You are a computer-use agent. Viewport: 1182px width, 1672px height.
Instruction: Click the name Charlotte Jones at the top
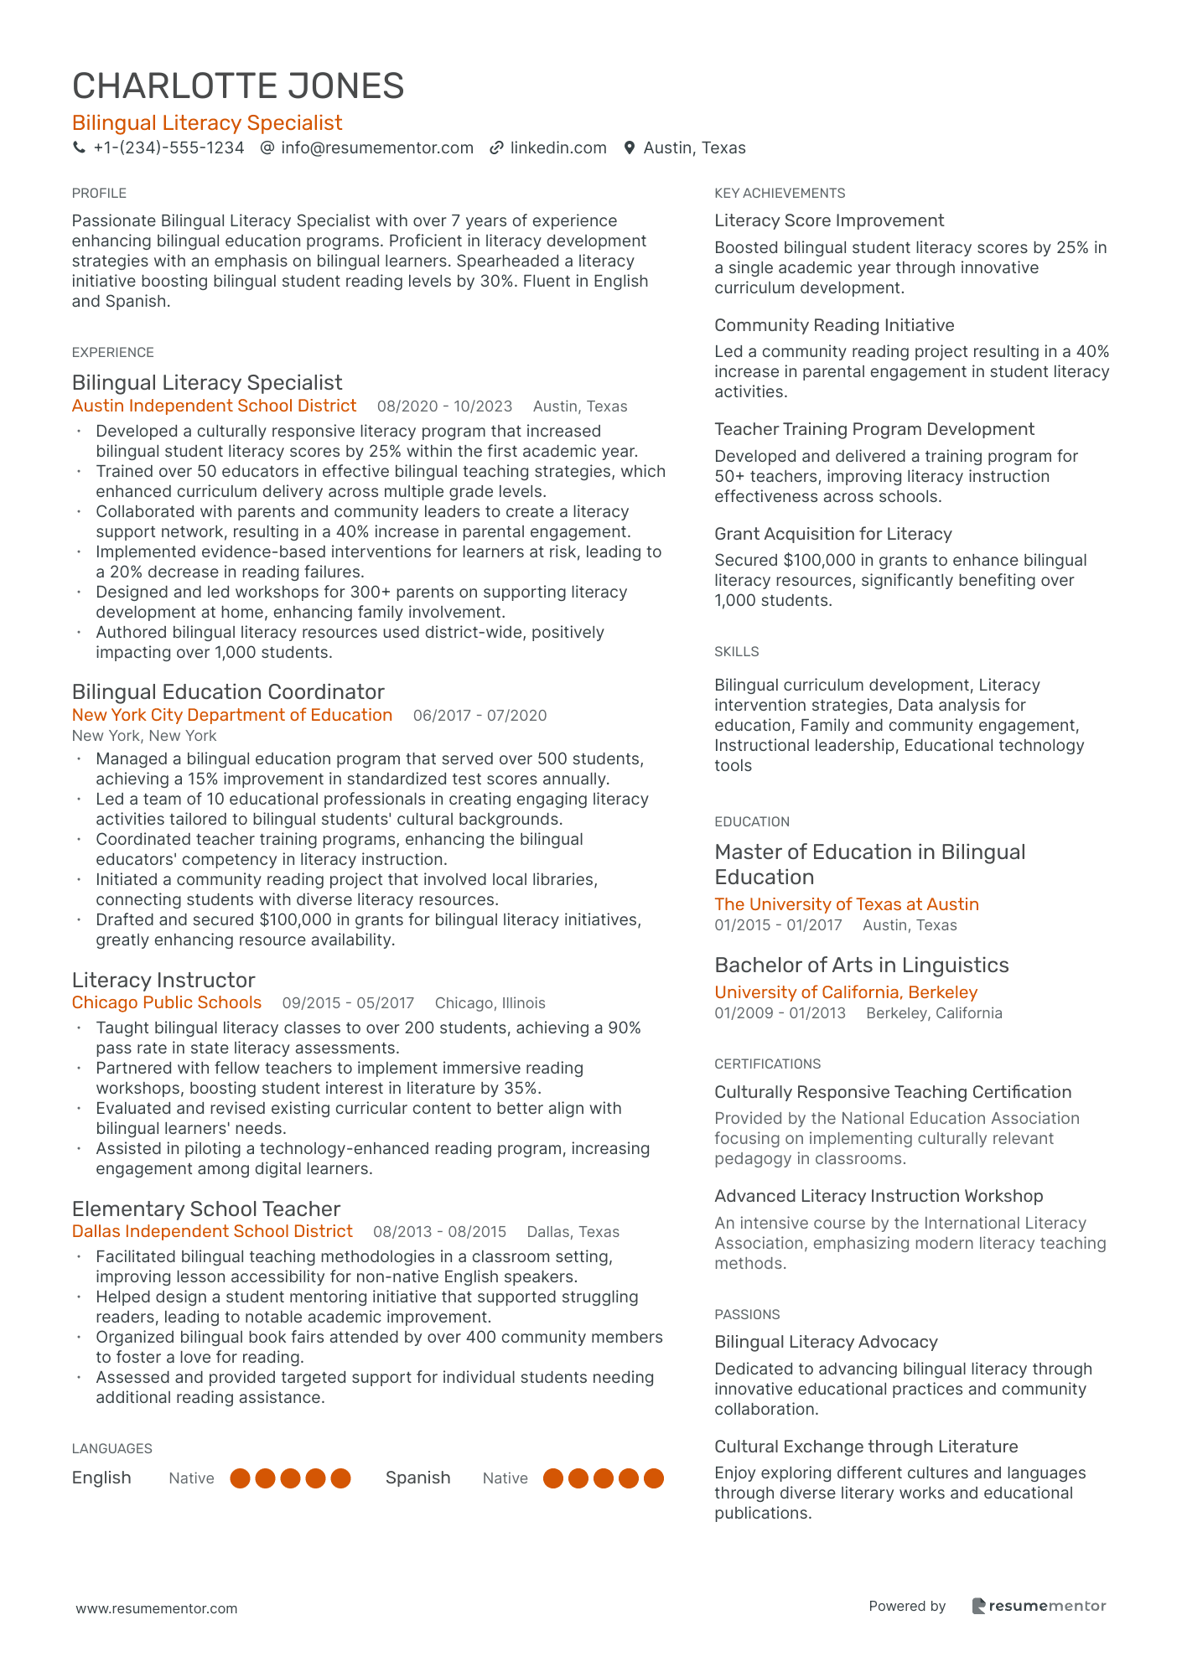pyautogui.click(x=238, y=86)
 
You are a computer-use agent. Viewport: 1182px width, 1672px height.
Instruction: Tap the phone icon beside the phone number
pyautogui.click(x=80, y=148)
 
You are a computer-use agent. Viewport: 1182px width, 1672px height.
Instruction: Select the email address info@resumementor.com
pyautogui.click(x=377, y=148)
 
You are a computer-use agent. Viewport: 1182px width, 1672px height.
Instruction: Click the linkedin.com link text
pyautogui.click(x=558, y=148)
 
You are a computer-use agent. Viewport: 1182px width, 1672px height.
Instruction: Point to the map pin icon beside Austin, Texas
pyautogui.click(x=630, y=148)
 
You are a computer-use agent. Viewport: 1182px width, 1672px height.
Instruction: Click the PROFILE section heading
pyautogui.click(x=99, y=194)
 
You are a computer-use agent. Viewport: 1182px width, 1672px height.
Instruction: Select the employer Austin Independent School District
pyautogui.click(x=214, y=406)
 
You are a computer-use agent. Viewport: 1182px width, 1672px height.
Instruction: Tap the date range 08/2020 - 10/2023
pyautogui.click(x=444, y=407)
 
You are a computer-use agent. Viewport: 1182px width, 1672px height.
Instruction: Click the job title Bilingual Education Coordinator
pyautogui.click(x=228, y=692)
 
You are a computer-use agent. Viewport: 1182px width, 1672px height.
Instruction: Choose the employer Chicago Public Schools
pyautogui.click(x=167, y=1003)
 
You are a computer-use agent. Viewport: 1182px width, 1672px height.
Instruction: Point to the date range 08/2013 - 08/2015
pyautogui.click(x=439, y=1232)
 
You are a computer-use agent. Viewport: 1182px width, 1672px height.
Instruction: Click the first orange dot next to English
pyautogui.click(x=241, y=1478)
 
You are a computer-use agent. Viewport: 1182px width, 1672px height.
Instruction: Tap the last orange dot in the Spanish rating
pyautogui.click(x=654, y=1478)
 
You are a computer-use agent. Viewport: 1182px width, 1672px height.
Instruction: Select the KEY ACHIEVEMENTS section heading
pyautogui.click(x=780, y=194)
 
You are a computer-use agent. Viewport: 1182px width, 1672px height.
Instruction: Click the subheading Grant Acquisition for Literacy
pyautogui.click(x=833, y=535)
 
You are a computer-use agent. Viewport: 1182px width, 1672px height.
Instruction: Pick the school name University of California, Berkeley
pyautogui.click(x=846, y=993)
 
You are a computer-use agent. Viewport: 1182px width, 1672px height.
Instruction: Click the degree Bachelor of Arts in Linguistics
pyautogui.click(x=862, y=965)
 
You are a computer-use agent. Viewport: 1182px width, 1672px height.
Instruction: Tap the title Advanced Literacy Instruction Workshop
pyautogui.click(x=879, y=1197)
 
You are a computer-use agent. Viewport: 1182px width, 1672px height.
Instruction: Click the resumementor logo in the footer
pyautogui.click(x=1039, y=1607)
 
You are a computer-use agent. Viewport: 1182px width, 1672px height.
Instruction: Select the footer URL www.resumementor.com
pyautogui.click(x=157, y=1609)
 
